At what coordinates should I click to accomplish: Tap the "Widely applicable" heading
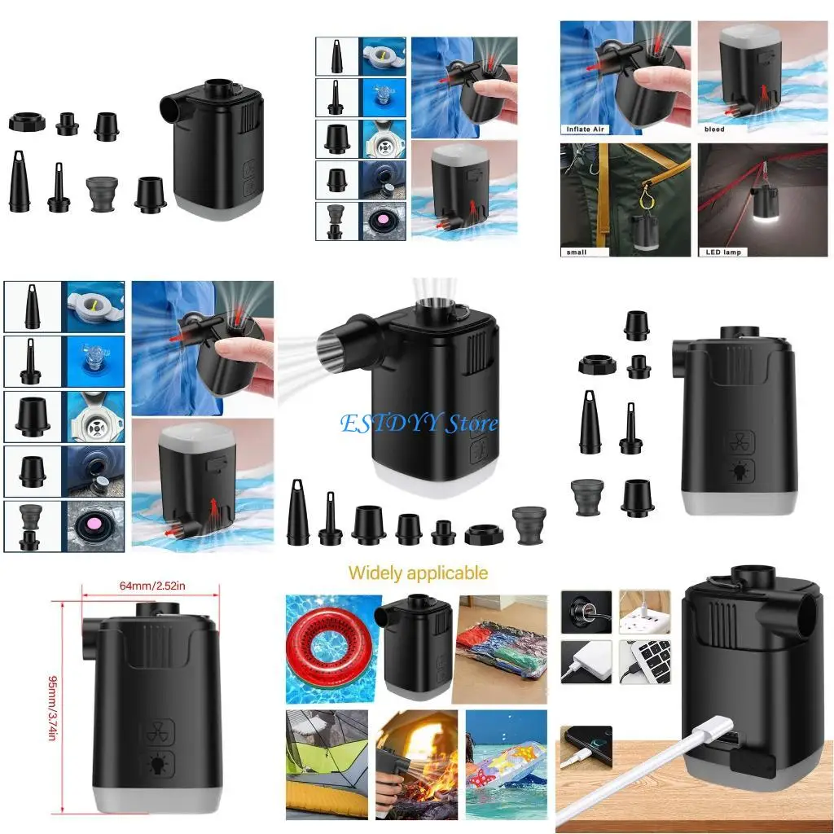coord(418,573)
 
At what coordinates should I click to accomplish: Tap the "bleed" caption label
coord(714,129)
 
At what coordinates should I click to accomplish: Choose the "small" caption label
coord(576,252)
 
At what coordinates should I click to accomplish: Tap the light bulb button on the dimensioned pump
coord(156,764)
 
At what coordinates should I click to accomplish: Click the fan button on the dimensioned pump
coord(156,731)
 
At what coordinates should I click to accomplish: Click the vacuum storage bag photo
coord(499,649)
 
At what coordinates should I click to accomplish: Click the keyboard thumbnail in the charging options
coord(644,661)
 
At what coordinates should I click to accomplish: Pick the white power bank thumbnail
coord(586,661)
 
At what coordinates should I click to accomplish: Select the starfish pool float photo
coord(506,764)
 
